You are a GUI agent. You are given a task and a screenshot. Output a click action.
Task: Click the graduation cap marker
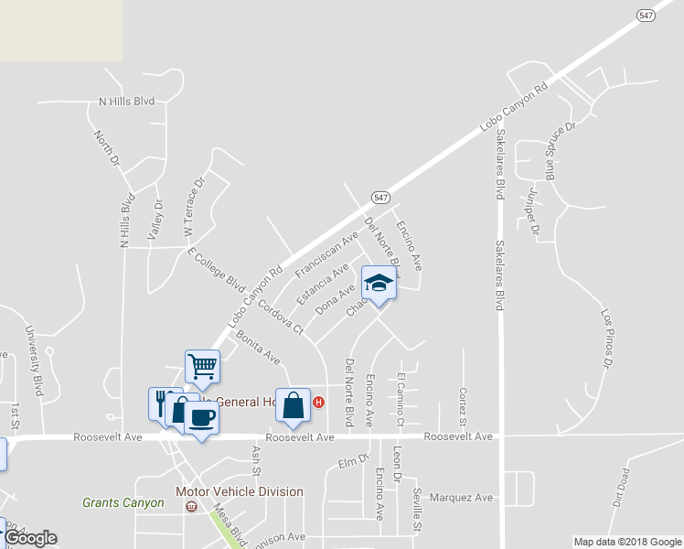[x=379, y=284]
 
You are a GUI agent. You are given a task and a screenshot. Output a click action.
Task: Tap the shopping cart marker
[x=202, y=366]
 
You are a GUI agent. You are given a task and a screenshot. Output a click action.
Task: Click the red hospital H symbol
[x=318, y=402]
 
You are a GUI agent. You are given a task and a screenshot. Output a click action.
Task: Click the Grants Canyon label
[x=123, y=502]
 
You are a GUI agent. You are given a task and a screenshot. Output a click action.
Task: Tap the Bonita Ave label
[x=258, y=348]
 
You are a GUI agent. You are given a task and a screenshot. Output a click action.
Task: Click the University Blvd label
[x=34, y=356]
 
